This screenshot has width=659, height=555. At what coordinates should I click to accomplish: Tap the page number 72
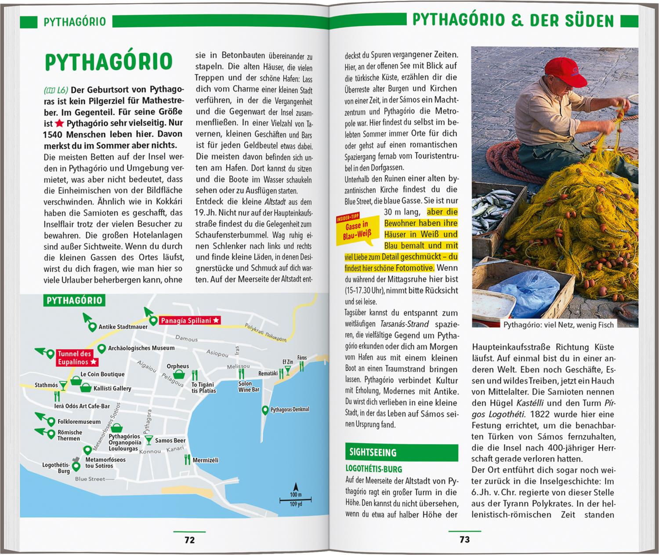pos(189,540)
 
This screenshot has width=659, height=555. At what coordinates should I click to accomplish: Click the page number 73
pos(464,539)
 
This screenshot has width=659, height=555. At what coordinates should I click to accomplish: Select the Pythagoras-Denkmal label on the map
pos(290,409)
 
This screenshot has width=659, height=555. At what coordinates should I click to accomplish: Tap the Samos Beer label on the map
pos(170,441)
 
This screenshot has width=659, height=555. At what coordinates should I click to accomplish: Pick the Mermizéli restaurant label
pos(206,460)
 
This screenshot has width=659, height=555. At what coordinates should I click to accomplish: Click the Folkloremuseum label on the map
pos(79,421)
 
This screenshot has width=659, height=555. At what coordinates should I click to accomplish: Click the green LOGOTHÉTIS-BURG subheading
pos(374,469)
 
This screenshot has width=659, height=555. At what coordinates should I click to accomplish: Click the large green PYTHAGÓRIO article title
pos(108,62)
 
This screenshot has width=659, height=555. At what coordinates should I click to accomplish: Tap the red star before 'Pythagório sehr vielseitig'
pos(60,123)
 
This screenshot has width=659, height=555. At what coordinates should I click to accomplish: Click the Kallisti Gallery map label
pos(112,388)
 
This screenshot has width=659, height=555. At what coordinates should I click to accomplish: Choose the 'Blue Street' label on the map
pos(90,479)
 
